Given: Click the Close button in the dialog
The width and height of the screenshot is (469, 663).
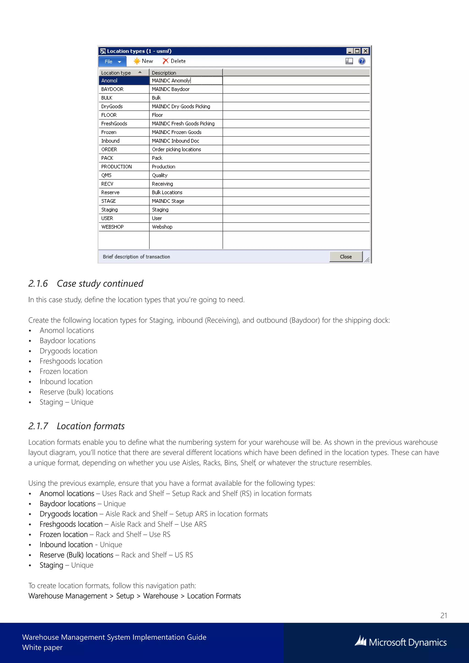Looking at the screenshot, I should point(346,256).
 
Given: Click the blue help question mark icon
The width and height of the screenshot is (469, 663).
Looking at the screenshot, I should point(362,61).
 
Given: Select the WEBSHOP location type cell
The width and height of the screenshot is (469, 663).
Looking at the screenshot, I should point(112,227).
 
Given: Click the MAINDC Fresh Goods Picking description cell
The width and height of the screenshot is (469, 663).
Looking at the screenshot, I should point(183,124).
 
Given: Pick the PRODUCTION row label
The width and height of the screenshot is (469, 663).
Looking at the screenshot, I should point(116,167).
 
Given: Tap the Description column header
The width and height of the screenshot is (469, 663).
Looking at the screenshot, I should point(164,73).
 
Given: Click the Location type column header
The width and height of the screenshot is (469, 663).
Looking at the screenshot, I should point(116,73).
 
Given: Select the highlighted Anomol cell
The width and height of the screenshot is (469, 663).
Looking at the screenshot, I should point(109,81).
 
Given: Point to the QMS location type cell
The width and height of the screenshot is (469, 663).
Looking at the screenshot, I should point(106,175).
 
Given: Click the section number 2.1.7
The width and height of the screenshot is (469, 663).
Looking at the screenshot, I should point(38,426).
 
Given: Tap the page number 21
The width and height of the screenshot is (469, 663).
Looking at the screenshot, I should point(444,615).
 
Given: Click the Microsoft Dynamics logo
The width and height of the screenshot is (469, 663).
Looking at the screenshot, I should point(401,642).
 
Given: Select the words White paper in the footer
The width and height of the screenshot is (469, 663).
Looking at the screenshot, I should point(42,647).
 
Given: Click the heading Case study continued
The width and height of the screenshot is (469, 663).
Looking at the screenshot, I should point(100,284).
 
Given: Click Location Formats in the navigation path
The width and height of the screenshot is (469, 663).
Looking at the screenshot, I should point(214,596).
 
